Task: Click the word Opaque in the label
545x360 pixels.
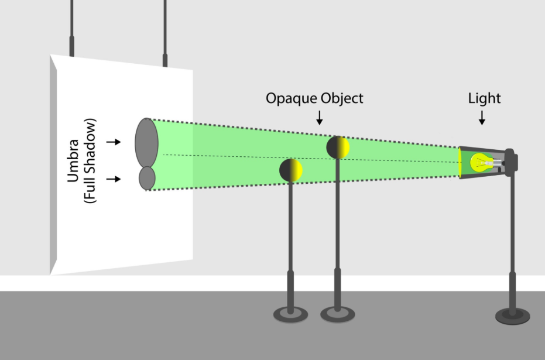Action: click(x=292, y=98)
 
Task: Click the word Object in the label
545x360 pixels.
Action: click(x=342, y=98)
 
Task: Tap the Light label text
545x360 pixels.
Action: click(x=484, y=98)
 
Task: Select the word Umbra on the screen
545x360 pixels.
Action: click(x=73, y=160)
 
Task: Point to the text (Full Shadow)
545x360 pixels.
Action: click(x=90, y=160)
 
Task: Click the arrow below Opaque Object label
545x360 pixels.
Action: click(x=320, y=118)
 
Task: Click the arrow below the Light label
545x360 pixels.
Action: click(x=482, y=118)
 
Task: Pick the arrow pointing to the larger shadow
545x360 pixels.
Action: click(x=114, y=142)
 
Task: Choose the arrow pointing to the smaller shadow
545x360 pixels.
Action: click(x=114, y=179)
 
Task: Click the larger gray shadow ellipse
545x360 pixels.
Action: click(x=147, y=142)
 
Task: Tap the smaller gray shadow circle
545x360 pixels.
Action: click(x=147, y=179)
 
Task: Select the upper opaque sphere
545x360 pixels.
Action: click(x=338, y=148)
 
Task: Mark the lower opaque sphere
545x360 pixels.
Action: click(x=291, y=170)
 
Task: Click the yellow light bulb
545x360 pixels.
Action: click(x=482, y=163)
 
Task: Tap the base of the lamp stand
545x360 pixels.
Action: click(x=512, y=316)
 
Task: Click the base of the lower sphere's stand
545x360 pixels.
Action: click(x=290, y=314)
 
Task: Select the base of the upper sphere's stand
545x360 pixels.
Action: click(x=338, y=314)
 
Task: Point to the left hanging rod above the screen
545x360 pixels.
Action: click(x=71, y=28)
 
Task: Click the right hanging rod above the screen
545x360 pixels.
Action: click(x=165, y=33)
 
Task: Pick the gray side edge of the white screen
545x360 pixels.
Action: click(x=53, y=164)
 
